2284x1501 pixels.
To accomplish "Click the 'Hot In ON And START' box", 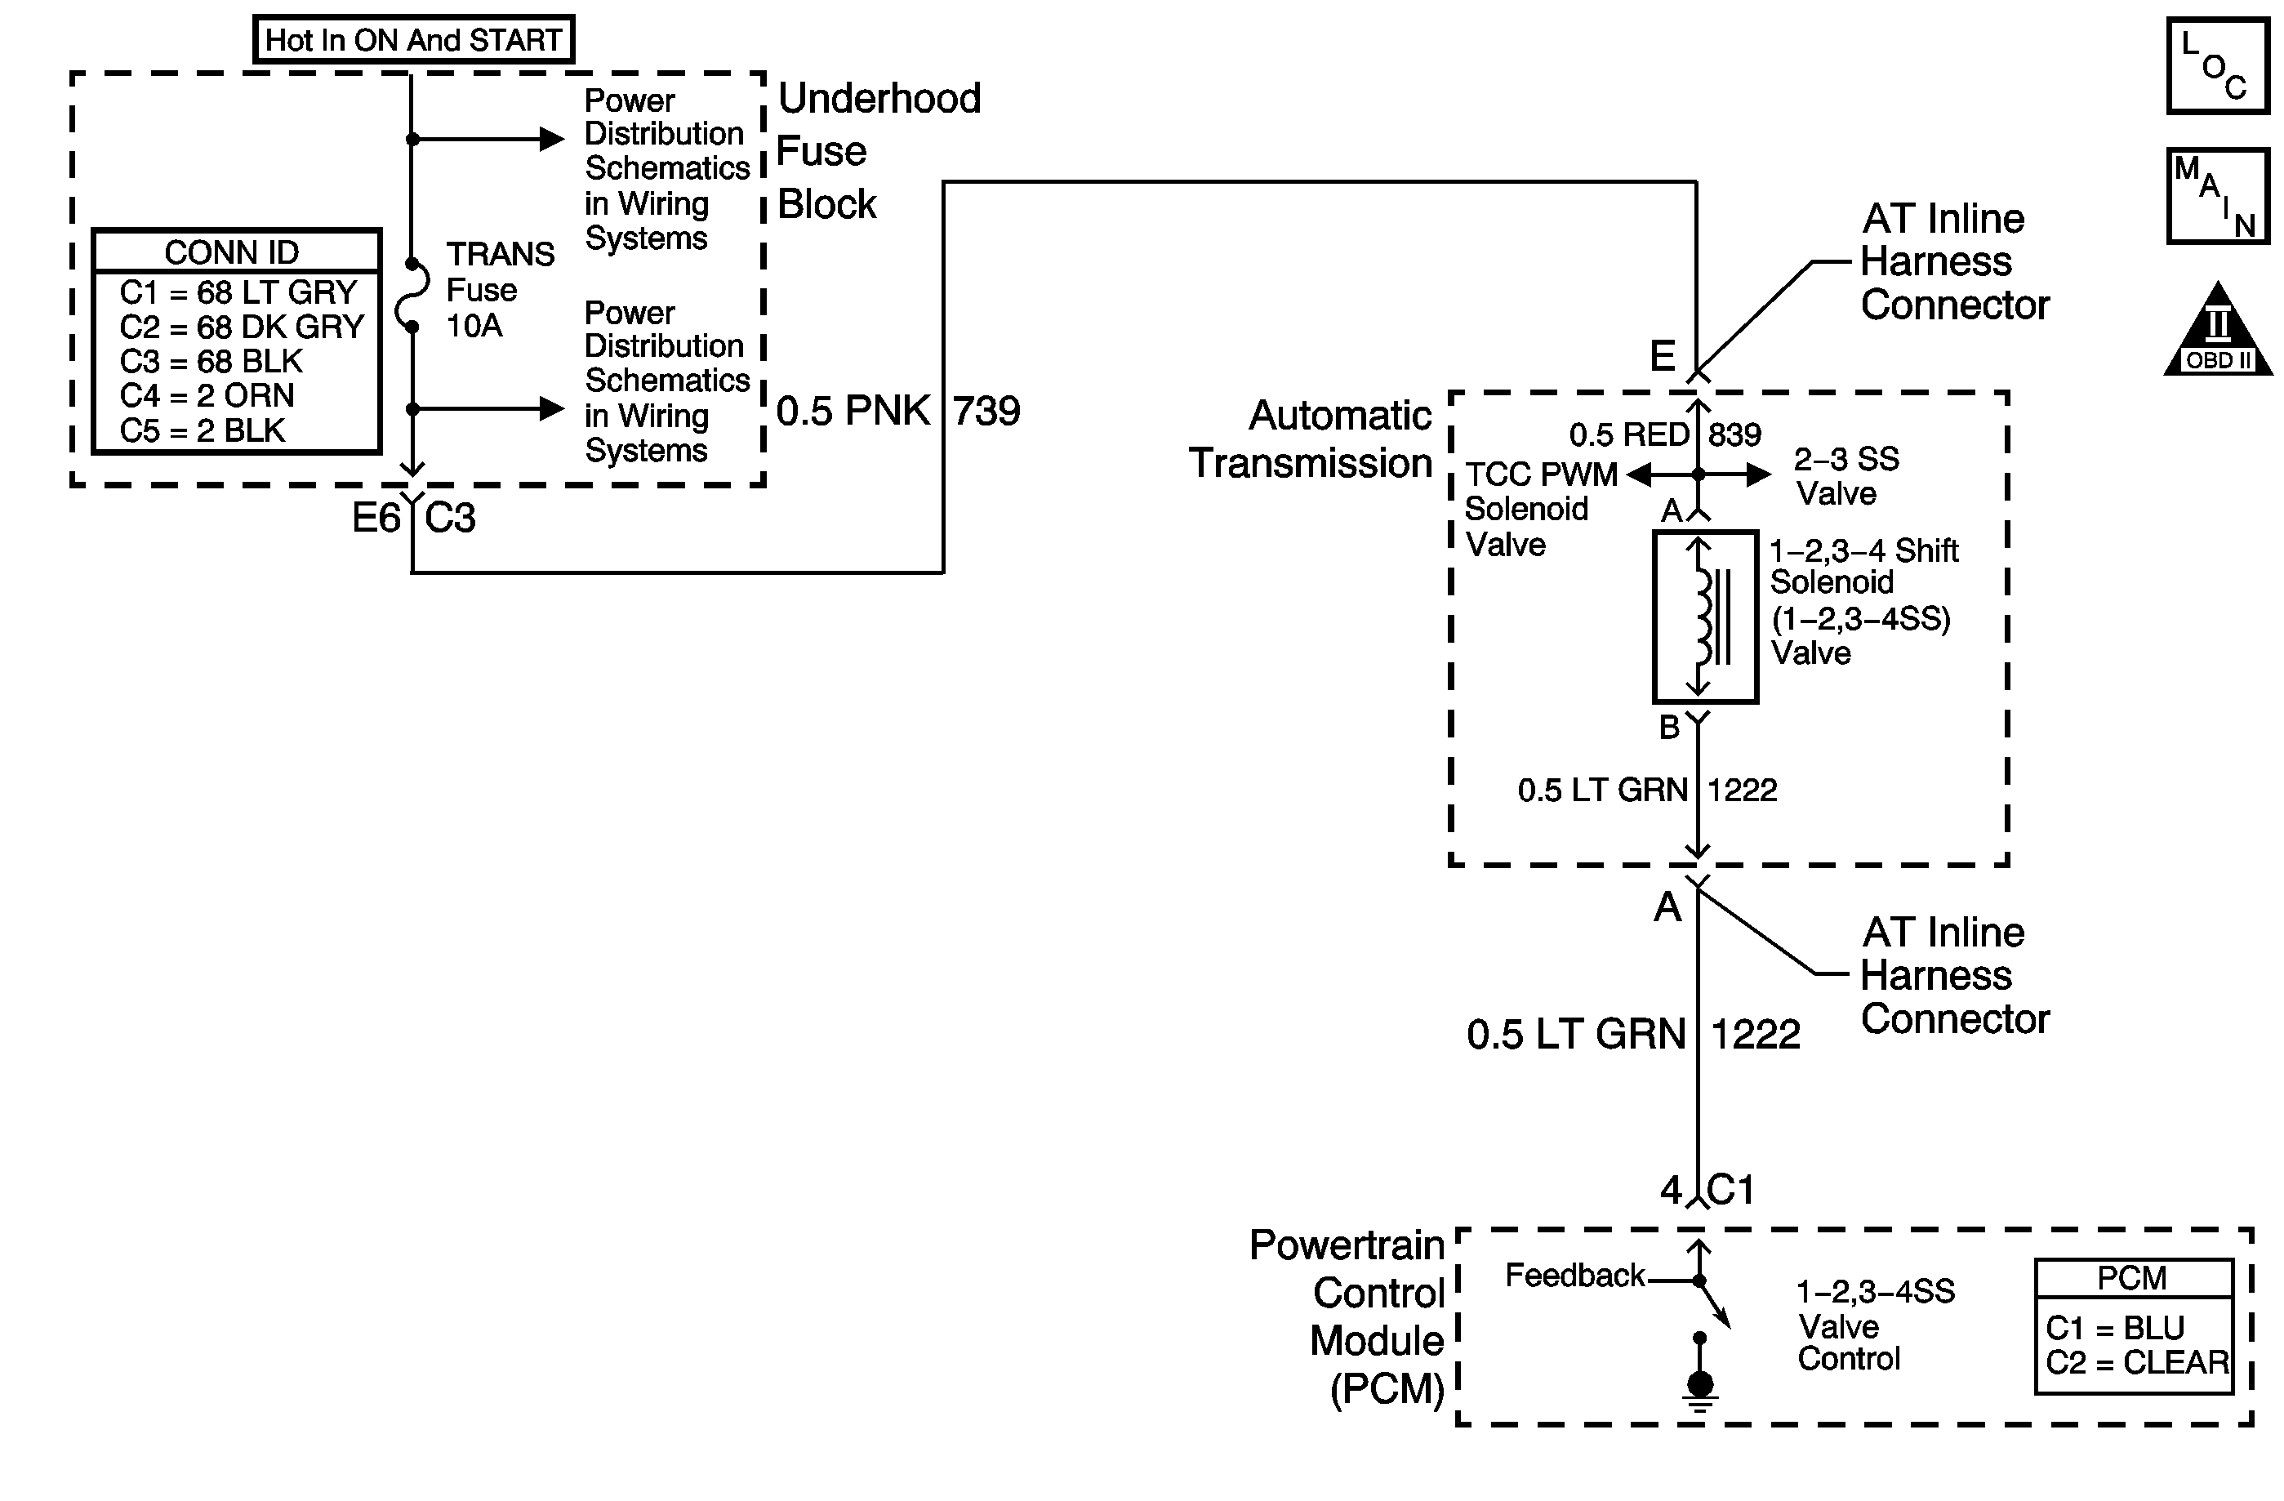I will coord(414,40).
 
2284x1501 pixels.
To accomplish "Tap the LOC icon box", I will coord(2217,66).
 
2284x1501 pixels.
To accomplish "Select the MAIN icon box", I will coord(2217,196).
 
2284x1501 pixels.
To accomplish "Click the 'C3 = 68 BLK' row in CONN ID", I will coord(211,362).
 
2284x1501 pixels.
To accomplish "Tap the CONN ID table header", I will coord(232,252).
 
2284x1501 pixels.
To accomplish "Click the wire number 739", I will coord(986,412).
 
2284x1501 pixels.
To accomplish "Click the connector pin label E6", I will coord(376,519).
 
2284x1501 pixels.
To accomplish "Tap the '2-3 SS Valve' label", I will coord(1845,476).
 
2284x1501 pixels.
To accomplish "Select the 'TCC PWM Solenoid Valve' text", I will coord(1539,510).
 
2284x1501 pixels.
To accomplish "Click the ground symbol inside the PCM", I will coord(1699,1387).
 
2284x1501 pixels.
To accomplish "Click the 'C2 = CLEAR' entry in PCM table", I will coord(2137,1363).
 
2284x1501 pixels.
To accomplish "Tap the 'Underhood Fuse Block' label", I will coord(877,151).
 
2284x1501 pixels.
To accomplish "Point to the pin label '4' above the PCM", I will coord(1671,1191).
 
